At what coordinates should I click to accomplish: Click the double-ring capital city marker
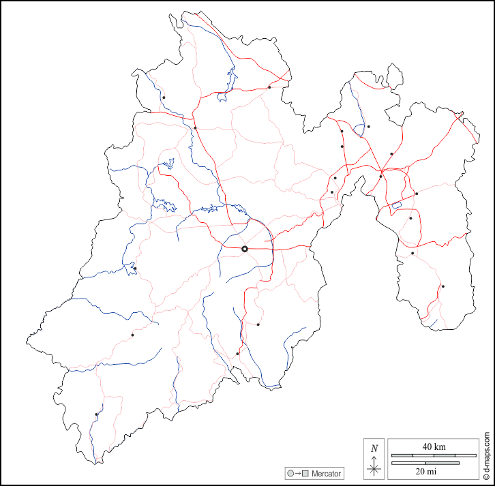pos(245,249)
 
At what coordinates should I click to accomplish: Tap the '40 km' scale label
pos(434,446)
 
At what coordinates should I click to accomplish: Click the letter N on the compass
pos(374,448)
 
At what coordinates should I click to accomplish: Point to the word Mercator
pos(327,473)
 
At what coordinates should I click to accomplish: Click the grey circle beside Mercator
pos(290,473)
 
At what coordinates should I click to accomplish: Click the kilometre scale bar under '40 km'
pos(434,455)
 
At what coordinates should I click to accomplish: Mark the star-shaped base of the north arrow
pos(374,469)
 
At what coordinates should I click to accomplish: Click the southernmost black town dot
pos(96,414)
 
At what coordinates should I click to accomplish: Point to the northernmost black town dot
pos(269,87)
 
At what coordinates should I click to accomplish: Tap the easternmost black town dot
pos(442,286)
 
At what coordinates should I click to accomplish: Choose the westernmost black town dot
pos(96,414)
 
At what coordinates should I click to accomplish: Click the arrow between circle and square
pos(298,473)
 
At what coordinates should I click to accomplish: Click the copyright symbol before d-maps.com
pos(487,477)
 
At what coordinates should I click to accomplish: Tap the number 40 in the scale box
pos(427,446)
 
